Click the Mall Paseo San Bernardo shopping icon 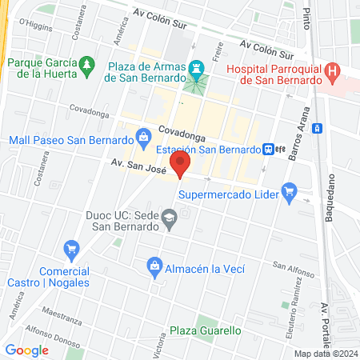coord(143,137)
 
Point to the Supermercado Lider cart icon coord(290,192)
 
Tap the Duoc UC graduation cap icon coord(170,218)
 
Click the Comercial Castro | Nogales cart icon coord(71,249)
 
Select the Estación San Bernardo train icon coord(270,149)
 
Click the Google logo coord(27,350)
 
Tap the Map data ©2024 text coord(325,354)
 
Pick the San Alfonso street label coord(292,266)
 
